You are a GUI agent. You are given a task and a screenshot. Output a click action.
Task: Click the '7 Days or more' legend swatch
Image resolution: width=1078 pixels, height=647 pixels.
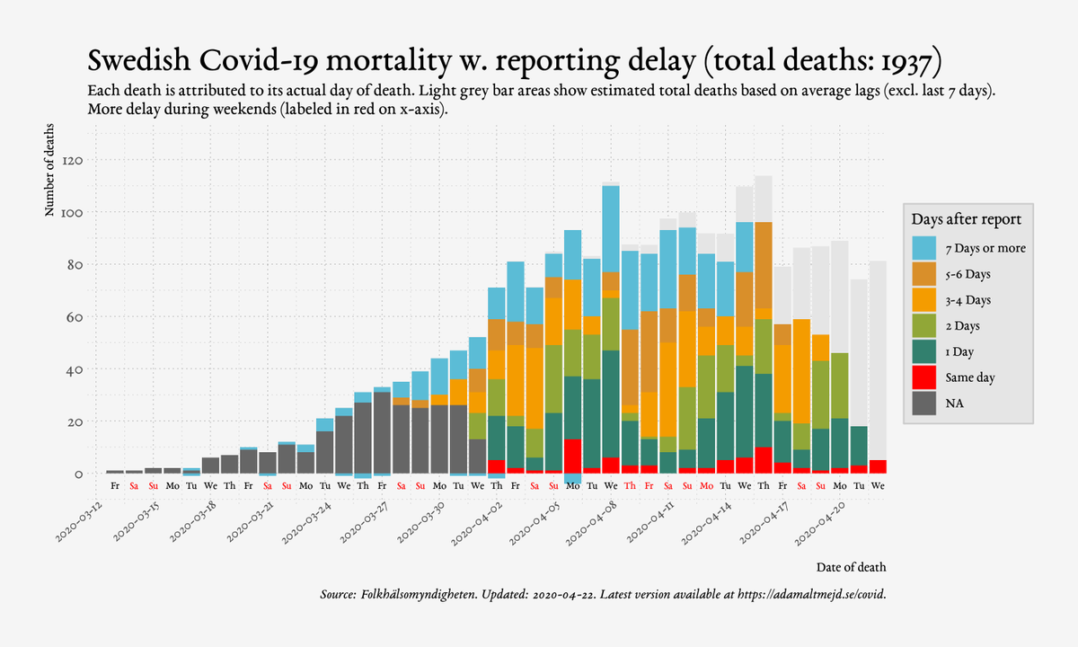[924, 248]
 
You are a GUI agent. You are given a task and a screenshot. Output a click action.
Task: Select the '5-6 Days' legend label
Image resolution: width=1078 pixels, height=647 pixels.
[968, 274]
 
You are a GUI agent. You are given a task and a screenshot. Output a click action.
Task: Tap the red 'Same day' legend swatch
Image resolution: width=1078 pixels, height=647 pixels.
[924, 377]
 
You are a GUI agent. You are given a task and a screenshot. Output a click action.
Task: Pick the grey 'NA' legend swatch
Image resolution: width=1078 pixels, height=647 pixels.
[924, 403]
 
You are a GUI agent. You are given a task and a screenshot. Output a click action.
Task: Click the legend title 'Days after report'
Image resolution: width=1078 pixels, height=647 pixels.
[966, 219]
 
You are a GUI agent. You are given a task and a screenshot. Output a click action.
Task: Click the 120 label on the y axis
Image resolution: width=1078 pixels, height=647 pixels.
[72, 160]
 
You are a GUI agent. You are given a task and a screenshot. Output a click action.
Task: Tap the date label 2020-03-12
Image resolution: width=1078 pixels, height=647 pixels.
[80, 522]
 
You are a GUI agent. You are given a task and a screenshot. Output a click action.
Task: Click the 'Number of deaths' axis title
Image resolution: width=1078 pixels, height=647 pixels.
[49, 170]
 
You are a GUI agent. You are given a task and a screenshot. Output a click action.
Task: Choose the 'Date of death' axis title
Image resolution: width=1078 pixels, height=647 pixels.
[851, 567]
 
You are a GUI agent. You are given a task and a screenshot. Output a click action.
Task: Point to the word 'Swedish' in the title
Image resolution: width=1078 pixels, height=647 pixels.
[139, 61]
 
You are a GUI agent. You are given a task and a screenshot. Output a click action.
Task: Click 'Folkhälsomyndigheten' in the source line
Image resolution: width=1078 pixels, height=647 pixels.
[419, 595]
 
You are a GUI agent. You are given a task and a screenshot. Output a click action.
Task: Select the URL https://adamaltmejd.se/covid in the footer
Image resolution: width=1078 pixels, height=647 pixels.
[810, 595]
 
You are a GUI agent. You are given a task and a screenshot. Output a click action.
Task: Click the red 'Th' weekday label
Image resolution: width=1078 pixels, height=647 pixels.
[630, 486]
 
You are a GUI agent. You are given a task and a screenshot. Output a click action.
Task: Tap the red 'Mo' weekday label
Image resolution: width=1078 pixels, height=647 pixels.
[706, 486]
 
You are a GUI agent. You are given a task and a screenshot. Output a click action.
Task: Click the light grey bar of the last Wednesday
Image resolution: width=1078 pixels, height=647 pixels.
[878, 360]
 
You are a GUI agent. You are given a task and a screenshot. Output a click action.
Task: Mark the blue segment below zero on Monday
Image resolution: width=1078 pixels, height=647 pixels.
[573, 478]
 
